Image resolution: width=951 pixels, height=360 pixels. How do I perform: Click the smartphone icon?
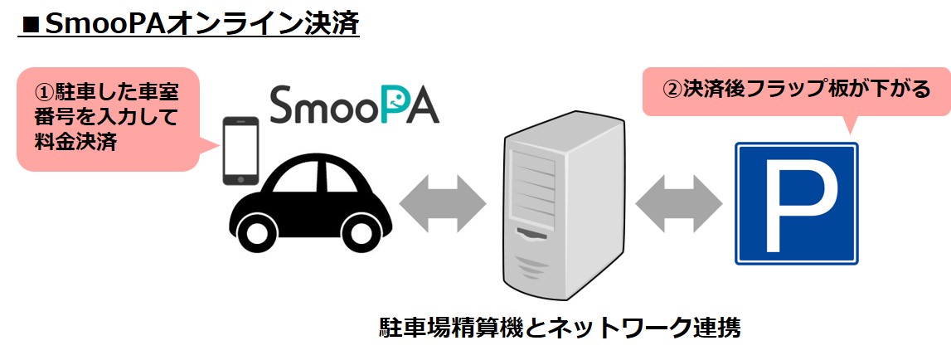pyautogui.click(x=240, y=150)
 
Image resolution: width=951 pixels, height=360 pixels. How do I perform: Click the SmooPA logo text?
pyautogui.click(x=354, y=105)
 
